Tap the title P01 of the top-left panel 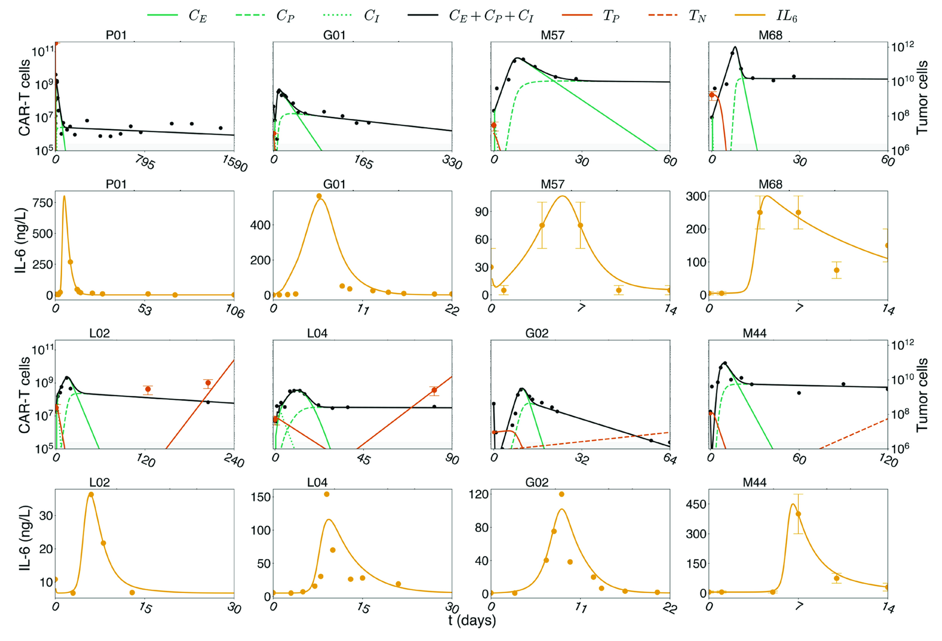click(x=116, y=35)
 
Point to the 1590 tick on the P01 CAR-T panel click(x=235, y=164)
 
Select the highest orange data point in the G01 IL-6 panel click(x=319, y=196)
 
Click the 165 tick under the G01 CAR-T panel click(x=363, y=163)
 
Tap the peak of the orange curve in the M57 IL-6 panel click(x=562, y=196)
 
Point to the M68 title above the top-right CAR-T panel click(x=770, y=35)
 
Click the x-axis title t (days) click(x=471, y=620)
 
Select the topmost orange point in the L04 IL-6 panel click(x=326, y=494)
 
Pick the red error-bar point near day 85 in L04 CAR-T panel click(x=434, y=390)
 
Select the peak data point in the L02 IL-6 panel click(x=91, y=495)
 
